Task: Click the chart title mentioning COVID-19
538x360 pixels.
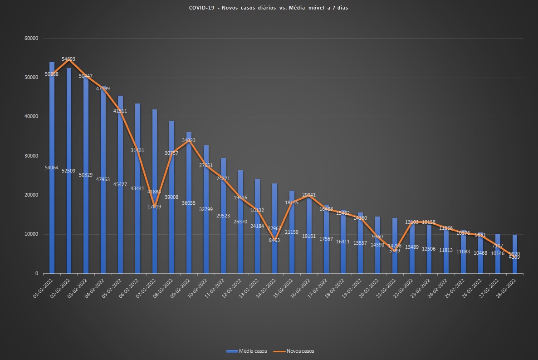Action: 269,8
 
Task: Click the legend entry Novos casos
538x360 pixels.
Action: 298,351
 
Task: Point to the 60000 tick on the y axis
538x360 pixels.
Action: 31,39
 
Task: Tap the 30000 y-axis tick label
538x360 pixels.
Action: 31,156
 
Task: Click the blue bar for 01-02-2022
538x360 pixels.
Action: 52,168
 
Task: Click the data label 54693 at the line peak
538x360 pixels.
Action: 68,59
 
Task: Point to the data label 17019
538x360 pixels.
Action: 154,207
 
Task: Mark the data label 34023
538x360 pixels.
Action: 189,140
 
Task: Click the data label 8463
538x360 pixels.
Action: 274,240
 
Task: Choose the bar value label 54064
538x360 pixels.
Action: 51,168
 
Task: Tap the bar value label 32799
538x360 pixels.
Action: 205,209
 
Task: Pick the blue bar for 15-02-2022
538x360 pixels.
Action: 292,232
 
